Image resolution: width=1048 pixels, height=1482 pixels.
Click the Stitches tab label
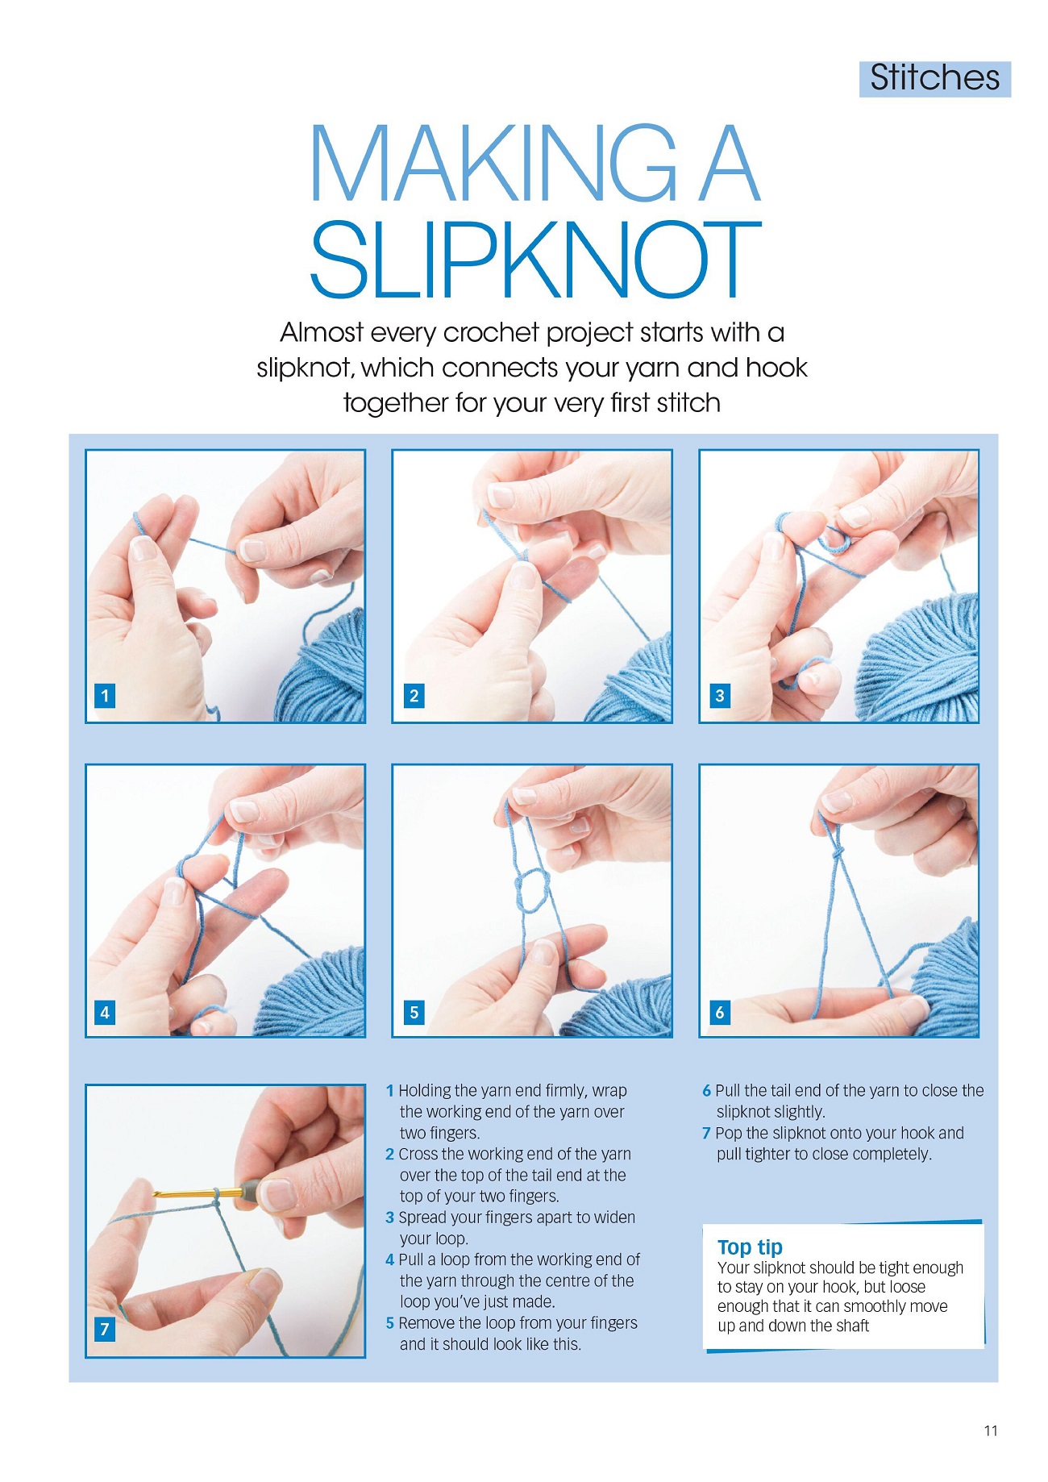coord(934,78)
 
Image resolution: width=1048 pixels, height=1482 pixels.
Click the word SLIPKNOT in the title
coord(535,260)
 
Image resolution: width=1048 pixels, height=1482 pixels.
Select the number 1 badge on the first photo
coord(105,695)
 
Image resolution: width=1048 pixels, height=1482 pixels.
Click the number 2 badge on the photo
coord(414,695)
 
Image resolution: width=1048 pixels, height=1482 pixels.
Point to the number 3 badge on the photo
coord(720,695)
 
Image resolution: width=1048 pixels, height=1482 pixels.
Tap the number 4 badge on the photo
coord(105,1012)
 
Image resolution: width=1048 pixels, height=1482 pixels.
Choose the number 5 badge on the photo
coord(414,1012)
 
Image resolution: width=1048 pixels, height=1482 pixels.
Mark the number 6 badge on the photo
coord(720,1012)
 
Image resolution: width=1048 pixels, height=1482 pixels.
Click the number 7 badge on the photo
coord(105,1329)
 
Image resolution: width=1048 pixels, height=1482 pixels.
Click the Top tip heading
coord(750,1247)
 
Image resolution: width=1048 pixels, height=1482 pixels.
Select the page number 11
coord(991,1430)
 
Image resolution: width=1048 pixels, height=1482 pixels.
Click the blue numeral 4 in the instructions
coord(390,1259)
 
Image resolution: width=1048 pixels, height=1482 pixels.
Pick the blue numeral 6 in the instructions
coord(706,1090)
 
